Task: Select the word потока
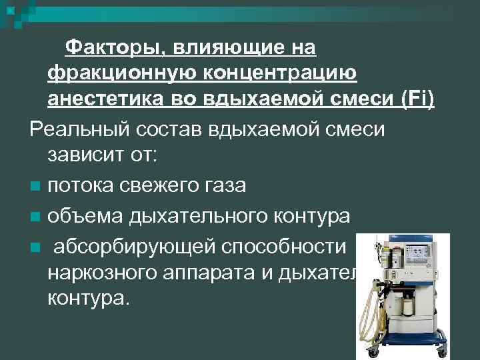(x=83, y=185)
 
